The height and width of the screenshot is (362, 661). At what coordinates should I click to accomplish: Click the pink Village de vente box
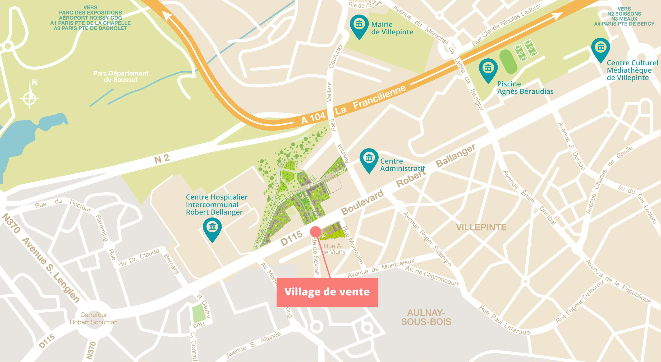pos(327,292)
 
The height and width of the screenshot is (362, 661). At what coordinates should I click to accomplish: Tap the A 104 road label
pos(314,118)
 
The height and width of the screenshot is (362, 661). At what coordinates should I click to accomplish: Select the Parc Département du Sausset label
pos(121,77)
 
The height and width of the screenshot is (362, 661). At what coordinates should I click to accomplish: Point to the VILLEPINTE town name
pos(481,228)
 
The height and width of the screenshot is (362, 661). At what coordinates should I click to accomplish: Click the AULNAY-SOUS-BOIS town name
pos(426,317)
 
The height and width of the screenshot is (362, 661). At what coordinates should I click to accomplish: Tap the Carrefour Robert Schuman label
pos(94,319)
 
